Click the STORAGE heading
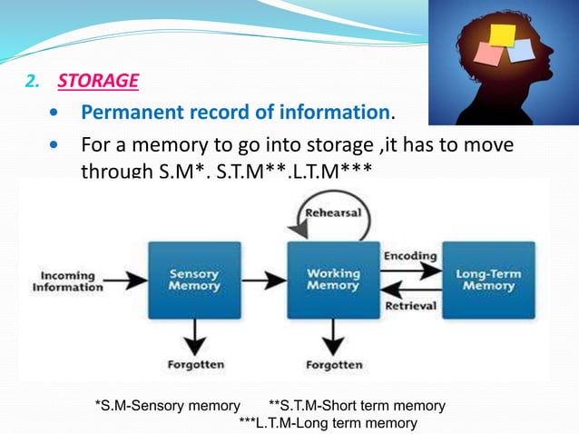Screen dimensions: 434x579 [98, 82]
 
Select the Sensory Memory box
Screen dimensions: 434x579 [193, 279]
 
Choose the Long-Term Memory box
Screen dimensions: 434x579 [488, 279]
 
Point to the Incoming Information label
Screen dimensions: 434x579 [68, 281]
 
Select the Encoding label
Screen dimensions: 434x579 [410, 256]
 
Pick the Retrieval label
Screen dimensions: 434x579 [411, 306]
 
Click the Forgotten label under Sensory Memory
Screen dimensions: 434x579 [193, 365]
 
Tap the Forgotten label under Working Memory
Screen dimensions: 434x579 [334, 365]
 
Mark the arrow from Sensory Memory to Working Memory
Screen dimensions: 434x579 [262, 280]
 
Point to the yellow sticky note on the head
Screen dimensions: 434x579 [501, 34]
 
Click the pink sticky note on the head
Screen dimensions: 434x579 [486, 53]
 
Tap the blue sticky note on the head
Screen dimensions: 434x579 [521, 50]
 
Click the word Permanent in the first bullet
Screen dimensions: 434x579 [123, 113]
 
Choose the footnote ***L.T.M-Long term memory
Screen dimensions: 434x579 [328, 423]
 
